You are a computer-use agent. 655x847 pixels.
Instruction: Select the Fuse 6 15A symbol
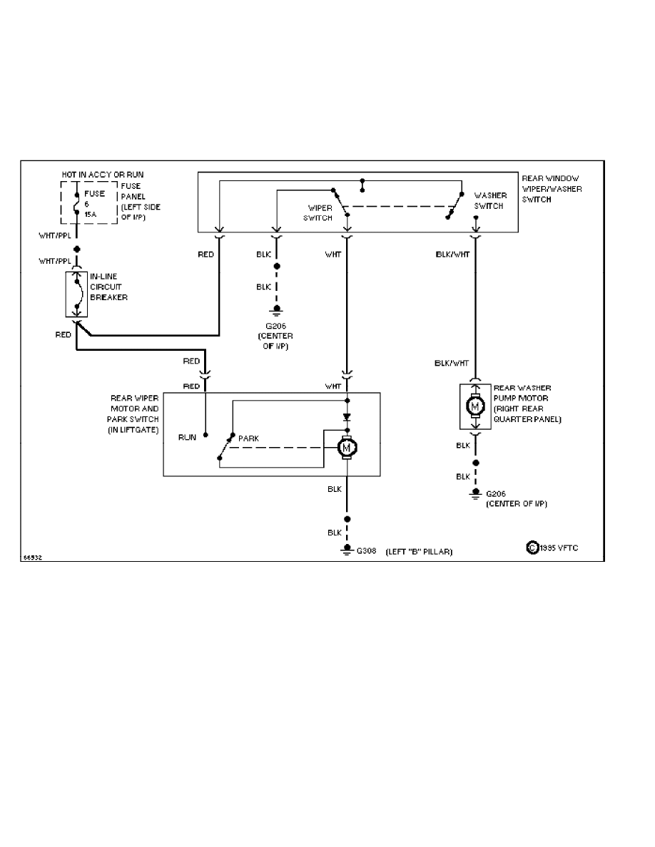point(76,203)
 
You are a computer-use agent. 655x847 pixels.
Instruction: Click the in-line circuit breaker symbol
point(76,294)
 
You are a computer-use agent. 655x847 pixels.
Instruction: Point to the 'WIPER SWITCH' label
point(318,213)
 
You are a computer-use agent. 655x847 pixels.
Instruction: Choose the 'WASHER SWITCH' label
point(489,200)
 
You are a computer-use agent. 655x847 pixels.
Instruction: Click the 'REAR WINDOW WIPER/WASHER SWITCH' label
point(551,189)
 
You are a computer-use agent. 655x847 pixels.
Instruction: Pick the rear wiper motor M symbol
point(347,448)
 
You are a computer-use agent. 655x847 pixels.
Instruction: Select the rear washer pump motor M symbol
point(475,406)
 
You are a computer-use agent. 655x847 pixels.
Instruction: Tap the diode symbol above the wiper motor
point(347,417)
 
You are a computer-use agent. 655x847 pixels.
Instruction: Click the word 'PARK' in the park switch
point(248,438)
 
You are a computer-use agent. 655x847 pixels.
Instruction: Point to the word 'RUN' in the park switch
point(187,438)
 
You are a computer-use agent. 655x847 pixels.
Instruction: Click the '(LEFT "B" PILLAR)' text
point(419,552)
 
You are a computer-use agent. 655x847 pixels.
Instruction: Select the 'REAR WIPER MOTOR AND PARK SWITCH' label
point(133,414)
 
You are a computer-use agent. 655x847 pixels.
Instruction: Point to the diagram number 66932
point(32,558)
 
